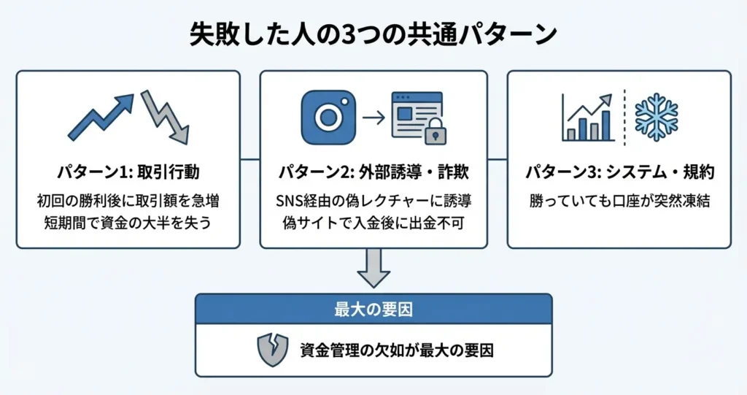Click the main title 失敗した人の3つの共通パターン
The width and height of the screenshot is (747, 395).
pyautogui.click(x=373, y=34)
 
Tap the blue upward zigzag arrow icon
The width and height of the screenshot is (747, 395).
pyautogui.click(x=101, y=116)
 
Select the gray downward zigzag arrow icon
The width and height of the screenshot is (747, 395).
pyautogui.click(x=166, y=117)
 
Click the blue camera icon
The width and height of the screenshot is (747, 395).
pyautogui.click(x=328, y=117)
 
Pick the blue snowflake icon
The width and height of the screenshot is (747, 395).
pyautogui.click(x=657, y=116)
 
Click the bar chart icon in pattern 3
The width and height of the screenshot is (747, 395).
pyautogui.click(x=587, y=118)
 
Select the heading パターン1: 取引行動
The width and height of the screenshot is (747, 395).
pyautogui.click(x=128, y=172)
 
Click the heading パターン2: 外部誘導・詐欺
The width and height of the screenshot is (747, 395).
pyautogui.click(x=373, y=172)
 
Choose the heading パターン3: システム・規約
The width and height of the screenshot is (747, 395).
pyautogui.click(x=619, y=172)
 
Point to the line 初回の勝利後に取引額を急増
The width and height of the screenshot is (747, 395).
pyautogui.click(x=128, y=200)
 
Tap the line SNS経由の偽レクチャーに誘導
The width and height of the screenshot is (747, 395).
pyautogui.click(x=373, y=200)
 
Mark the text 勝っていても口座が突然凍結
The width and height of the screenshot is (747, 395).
pyautogui.click(x=619, y=200)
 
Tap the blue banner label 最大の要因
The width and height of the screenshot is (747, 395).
pyautogui.click(x=373, y=308)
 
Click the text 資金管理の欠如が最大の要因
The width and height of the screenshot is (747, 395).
pyautogui.click(x=397, y=350)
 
